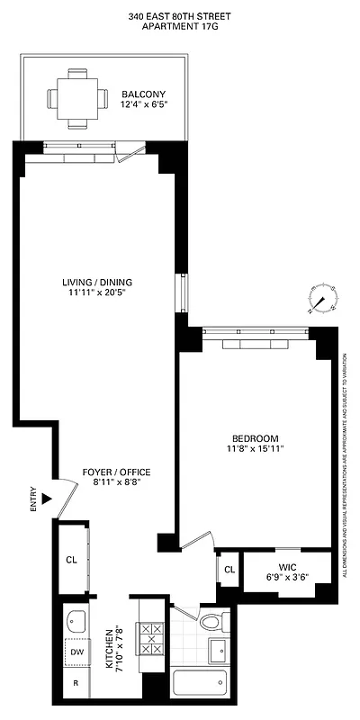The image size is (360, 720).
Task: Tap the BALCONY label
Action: click(x=144, y=94)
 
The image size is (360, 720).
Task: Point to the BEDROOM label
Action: click(x=256, y=437)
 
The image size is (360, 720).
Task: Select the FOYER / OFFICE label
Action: click(x=116, y=472)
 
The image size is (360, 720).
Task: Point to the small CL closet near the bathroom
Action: click(x=229, y=570)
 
